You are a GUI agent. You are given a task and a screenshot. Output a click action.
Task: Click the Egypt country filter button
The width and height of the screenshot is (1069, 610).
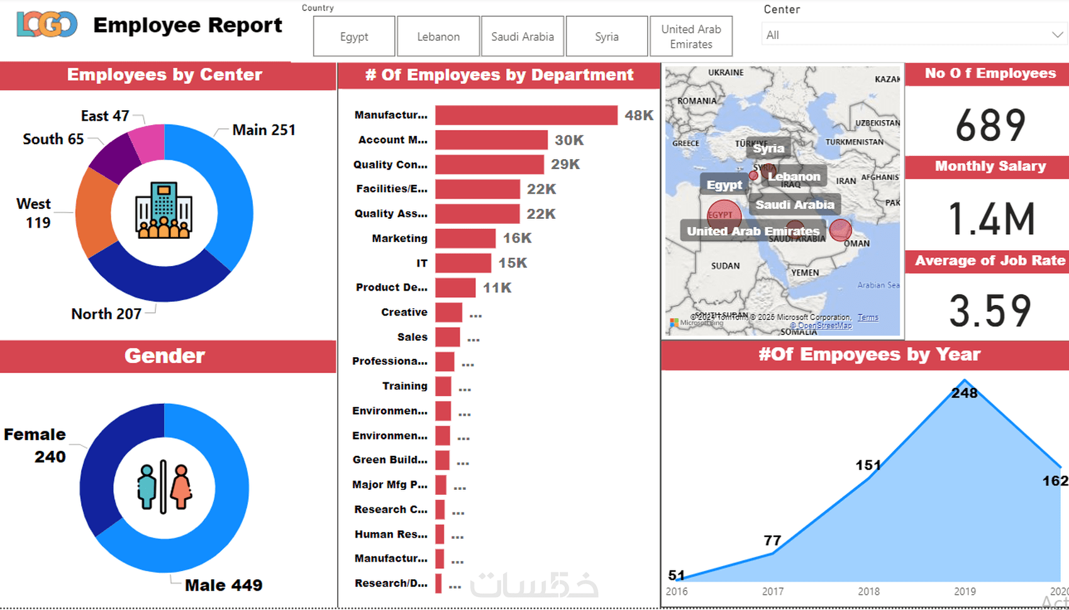click(x=354, y=36)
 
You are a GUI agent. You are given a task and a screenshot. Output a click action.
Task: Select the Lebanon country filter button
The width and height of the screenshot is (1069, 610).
click(x=438, y=36)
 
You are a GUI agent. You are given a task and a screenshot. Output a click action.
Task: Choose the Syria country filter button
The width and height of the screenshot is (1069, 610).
click(x=607, y=36)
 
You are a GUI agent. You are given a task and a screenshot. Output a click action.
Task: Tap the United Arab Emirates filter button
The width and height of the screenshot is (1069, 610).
click(x=691, y=36)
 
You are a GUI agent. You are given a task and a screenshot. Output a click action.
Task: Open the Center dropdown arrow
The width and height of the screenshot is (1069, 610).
click(x=1057, y=35)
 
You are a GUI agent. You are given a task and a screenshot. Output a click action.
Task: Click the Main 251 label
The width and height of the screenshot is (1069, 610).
click(x=263, y=130)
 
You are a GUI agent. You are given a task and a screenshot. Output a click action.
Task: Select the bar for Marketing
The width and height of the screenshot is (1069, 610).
click(x=465, y=238)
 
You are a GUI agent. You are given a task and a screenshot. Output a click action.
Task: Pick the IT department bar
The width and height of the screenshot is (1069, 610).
click(x=463, y=263)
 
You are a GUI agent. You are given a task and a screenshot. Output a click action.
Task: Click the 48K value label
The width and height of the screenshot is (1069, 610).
click(x=639, y=115)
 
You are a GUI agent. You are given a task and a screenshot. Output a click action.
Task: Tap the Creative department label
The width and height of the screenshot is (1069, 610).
click(x=404, y=313)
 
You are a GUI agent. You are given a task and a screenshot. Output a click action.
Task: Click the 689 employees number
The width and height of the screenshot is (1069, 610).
click(x=990, y=125)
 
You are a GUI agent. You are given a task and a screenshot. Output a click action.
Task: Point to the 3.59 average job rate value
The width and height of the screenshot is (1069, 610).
click(x=990, y=311)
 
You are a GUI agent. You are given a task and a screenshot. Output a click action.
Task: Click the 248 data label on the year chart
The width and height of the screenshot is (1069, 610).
click(x=964, y=393)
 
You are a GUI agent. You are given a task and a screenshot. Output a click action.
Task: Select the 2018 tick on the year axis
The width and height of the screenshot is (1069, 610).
click(x=868, y=591)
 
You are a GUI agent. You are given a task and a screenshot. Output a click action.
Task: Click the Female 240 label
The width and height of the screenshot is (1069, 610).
click(x=35, y=445)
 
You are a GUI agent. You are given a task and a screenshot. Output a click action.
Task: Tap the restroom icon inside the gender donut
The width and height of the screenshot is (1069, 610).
click(x=164, y=487)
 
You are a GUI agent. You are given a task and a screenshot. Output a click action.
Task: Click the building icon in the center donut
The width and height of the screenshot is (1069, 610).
click(x=164, y=211)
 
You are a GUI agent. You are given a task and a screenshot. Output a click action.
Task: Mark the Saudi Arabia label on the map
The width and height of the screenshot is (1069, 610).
click(x=795, y=204)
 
